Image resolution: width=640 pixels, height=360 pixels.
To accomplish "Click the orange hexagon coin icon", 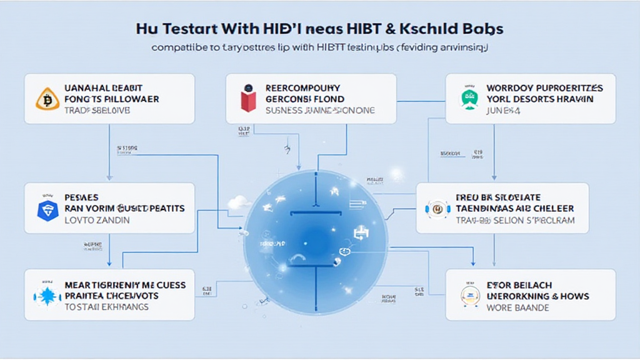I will pyautogui.click(x=47, y=99).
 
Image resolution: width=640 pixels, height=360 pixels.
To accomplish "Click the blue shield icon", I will pyautogui.click(x=47, y=209).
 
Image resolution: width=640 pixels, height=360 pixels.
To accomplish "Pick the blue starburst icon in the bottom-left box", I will pyautogui.click(x=47, y=296).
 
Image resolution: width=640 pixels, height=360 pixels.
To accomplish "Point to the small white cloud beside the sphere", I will pyautogui.click(x=239, y=202).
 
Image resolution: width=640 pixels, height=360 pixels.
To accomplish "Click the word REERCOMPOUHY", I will pyautogui.click(x=302, y=88).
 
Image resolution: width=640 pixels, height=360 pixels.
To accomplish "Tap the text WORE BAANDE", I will pyautogui.click(x=517, y=307).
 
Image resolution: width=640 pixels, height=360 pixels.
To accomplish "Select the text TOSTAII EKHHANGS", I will pyautogui.click(x=106, y=307).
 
